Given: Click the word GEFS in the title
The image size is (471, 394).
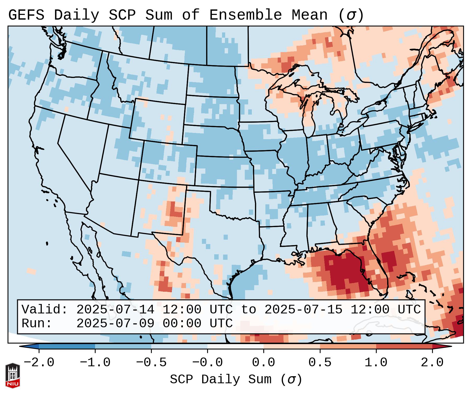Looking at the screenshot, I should click(x=26, y=15).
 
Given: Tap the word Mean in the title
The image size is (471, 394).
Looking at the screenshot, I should click(x=310, y=15).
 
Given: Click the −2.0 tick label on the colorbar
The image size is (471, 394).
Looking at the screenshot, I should click(x=39, y=363).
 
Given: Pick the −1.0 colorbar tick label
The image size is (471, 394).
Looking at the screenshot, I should click(x=95, y=363).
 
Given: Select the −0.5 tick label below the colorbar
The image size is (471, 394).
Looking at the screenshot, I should click(x=151, y=363).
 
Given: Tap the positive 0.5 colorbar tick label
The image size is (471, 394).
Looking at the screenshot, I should click(x=320, y=363).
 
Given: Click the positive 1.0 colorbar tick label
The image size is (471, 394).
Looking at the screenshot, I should click(x=376, y=363).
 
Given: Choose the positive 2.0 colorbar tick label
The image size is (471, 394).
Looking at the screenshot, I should click(x=432, y=363).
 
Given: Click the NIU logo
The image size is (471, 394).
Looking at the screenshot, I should click(x=13, y=375).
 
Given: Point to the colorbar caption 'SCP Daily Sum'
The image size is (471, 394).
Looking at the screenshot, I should click(x=221, y=380).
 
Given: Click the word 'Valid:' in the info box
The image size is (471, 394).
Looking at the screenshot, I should click(x=45, y=310).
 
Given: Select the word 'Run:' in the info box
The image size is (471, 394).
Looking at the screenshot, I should click(x=37, y=323).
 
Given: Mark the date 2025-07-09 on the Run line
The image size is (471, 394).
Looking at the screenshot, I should click(x=115, y=323).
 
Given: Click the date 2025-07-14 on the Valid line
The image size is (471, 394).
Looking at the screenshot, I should click(x=115, y=310).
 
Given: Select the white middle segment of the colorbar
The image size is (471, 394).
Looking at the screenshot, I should click(x=235, y=346).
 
